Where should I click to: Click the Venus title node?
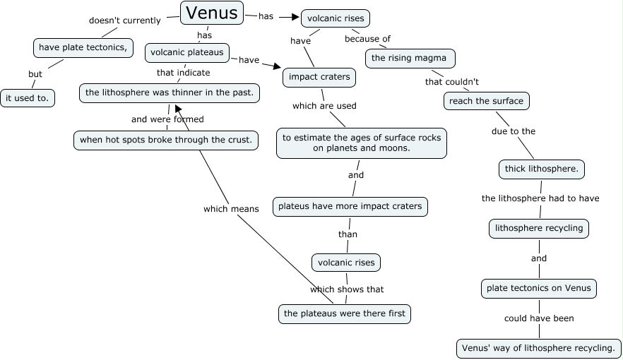(212, 12)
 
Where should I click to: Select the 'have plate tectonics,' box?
(83, 47)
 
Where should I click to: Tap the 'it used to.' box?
(28, 98)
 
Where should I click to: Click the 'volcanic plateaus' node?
(187, 52)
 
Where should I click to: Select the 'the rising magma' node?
(410, 58)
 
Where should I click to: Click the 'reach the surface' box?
(487, 101)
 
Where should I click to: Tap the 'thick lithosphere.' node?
(541, 169)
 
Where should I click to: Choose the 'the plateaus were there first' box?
(345, 313)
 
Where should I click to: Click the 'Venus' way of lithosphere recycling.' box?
(538, 348)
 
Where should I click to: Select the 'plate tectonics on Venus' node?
(539, 288)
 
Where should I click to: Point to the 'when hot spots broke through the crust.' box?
(165, 140)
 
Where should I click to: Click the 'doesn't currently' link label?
(124, 20)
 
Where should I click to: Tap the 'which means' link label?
(231, 209)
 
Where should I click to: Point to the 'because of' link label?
(367, 39)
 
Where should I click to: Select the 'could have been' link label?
(538, 318)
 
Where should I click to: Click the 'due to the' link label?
(514, 131)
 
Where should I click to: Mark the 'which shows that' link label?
(347, 289)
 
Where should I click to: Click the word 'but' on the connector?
(35, 74)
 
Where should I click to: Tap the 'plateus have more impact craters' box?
(350, 206)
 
